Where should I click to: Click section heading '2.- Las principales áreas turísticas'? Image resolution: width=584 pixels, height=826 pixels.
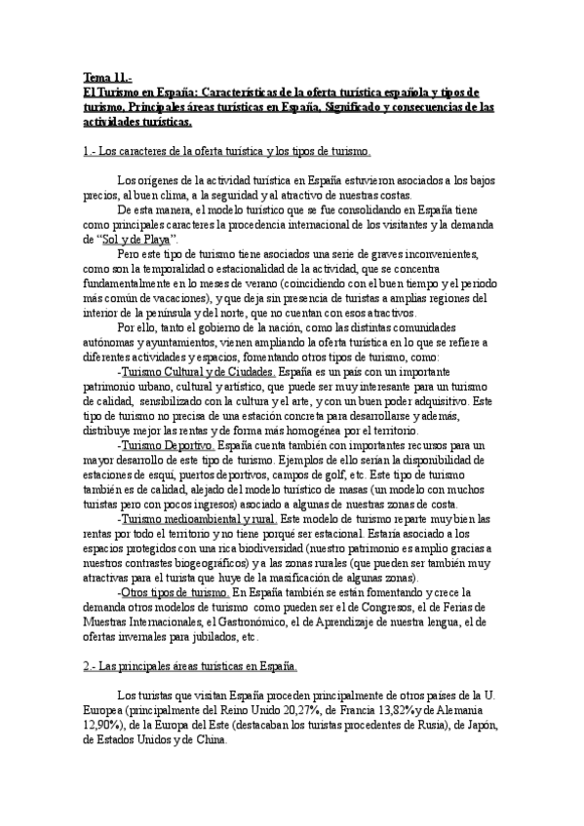click(190, 667)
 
